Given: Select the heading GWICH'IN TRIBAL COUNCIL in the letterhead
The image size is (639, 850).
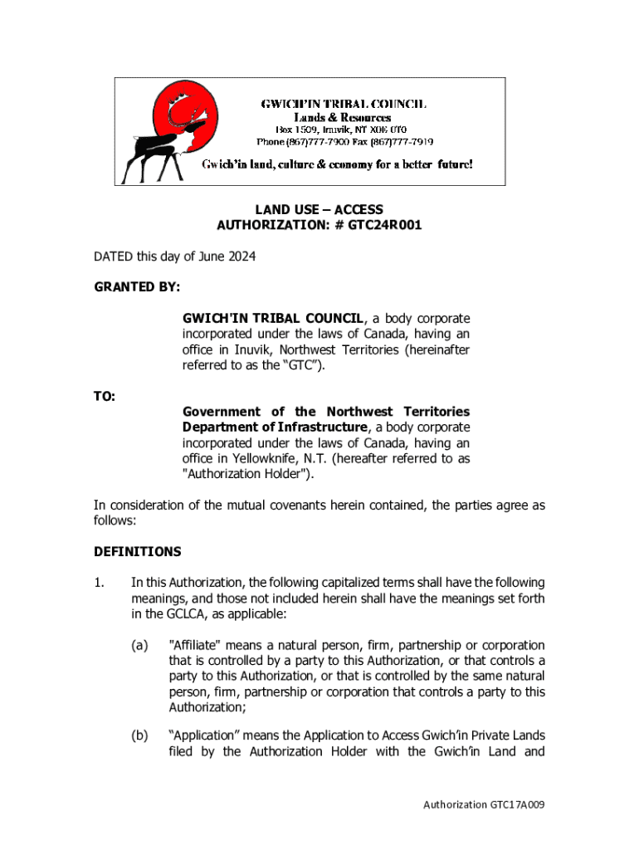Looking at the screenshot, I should [344, 105].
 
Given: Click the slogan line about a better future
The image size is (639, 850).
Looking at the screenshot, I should [338, 164].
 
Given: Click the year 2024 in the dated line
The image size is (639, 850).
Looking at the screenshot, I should [240, 256].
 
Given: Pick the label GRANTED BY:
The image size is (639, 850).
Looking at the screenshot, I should [137, 287].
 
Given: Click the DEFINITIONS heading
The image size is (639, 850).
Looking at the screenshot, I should [137, 551].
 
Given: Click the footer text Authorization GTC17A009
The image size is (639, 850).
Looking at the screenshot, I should [483, 804].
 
